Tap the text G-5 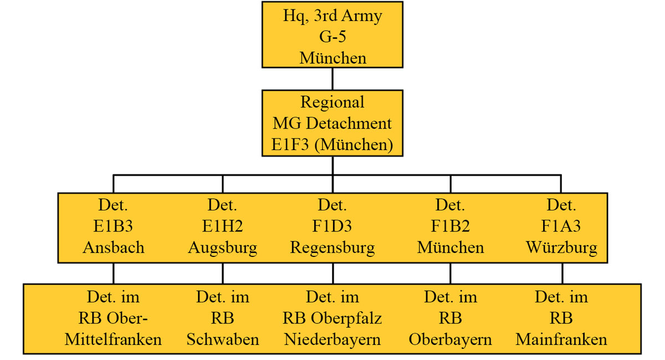click(x=332, y=37)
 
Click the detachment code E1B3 click(x=113, y=227)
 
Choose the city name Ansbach click(x=113, y=248)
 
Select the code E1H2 click(x=222, y=227)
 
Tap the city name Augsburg click(x=222, y=248)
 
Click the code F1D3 click(x=332, y=227)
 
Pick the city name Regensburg click(x=332, y=248)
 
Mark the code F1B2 click(x=450, y=227)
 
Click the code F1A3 click(x=561, y=227)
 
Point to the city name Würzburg click(x=561, y=248)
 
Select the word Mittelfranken click(x=113, y=339)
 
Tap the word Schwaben click(x=222, y=339)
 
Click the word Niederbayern click(x=332, y=339)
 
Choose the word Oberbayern click(x=450, y=339)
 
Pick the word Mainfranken click(x=561, y=339)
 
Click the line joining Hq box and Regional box click(x=332, y=79)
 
